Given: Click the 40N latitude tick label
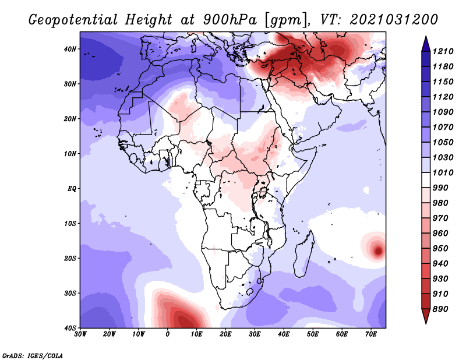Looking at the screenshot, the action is (x=70, y=49).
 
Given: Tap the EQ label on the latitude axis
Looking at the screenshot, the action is (x=72, y=189).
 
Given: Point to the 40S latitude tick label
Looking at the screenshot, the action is (x=70, y=328).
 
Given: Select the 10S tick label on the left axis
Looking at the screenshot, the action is (x=70, y=224).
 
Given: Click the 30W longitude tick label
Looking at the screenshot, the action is (x=80, y=334).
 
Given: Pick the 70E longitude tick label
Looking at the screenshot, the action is (x=370, y=334).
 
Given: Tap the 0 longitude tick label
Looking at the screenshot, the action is (x=168, y=334).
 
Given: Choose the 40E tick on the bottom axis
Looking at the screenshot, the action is (x=284, y=334).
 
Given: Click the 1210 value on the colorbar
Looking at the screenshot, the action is (x=443, y=51).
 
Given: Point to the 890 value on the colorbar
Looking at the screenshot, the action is (x=440, y=309).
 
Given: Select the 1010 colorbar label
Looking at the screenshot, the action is (x=443, y=172).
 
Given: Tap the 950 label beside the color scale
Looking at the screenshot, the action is (x=440, y=249).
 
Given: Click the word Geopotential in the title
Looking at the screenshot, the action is (x=73, y=20).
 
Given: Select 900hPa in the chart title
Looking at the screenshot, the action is (x=230, y=20).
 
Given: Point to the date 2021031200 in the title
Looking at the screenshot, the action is (x=394, y=20).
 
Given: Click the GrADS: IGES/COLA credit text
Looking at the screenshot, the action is (x=33, y=355).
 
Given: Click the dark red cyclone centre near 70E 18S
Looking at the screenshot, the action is (x=378, y=250).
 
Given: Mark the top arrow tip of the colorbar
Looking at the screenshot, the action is (x=426, y=36).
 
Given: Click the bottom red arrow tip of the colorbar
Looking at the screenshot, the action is (x=426, y=323).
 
